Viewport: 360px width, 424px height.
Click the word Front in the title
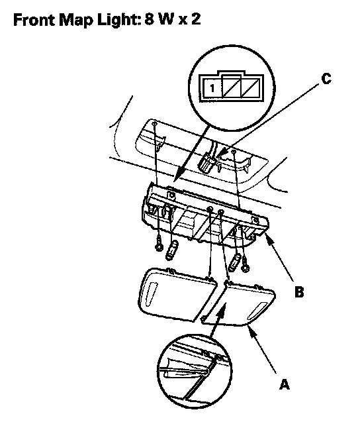click(34, 19)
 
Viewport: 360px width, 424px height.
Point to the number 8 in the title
click(150, 19)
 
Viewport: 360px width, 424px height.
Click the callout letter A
click(284, 384)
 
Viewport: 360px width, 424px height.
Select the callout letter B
click(299, 292)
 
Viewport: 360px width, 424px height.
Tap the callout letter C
click(326, 79)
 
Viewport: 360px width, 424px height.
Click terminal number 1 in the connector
click(212, 88)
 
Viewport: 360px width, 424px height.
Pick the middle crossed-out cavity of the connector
click(232, 88)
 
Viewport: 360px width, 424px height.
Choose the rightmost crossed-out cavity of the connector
click(251, 88)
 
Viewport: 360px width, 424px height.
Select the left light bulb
click(171, 250)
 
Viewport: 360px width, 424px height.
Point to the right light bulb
click(235, 262)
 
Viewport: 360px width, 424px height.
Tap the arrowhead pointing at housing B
click(269, 237)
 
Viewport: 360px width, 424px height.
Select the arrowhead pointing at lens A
click(251, 331)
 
